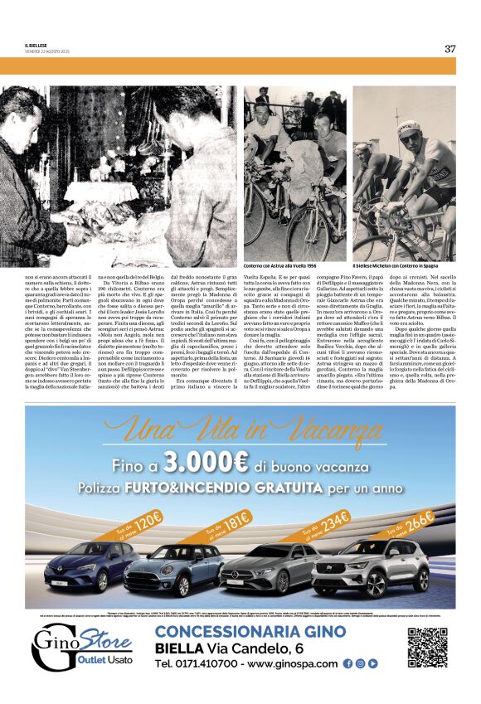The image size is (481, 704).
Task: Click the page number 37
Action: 450,48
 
